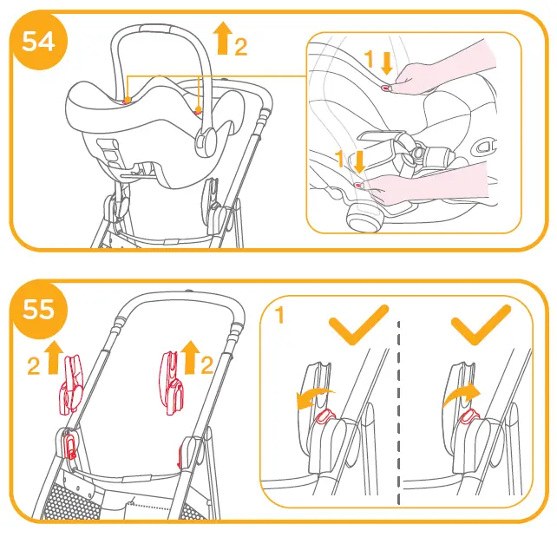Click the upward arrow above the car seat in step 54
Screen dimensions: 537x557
pos(222,38)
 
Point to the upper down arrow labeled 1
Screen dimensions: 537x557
pos(388,62)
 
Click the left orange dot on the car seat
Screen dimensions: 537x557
pos(128,100)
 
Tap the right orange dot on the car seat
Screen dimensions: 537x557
pos(198,109)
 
